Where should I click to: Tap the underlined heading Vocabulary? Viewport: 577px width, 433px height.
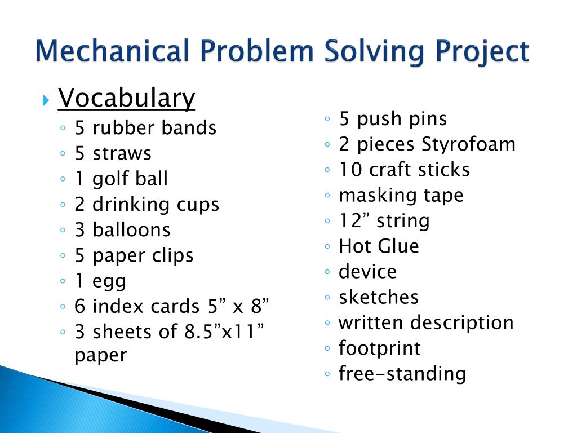(127, 99)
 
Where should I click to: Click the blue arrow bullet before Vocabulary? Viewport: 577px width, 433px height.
(46, 101)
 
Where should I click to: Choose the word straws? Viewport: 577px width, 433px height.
(122, 153)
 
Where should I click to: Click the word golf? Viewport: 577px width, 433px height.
(110, 179)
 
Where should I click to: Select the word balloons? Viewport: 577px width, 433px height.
(131, 230)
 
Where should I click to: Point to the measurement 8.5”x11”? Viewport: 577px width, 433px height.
(225, 332)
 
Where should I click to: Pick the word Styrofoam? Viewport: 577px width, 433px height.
(469, 144)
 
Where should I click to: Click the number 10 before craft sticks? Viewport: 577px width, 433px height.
(349, 170)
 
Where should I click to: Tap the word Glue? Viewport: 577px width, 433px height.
(398, 246)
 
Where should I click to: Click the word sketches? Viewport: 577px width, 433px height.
(379, 297)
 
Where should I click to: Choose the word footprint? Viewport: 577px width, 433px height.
(379, 348)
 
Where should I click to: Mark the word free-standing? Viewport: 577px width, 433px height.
(402, 374)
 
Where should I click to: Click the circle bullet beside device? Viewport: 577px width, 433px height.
(327, 272)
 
